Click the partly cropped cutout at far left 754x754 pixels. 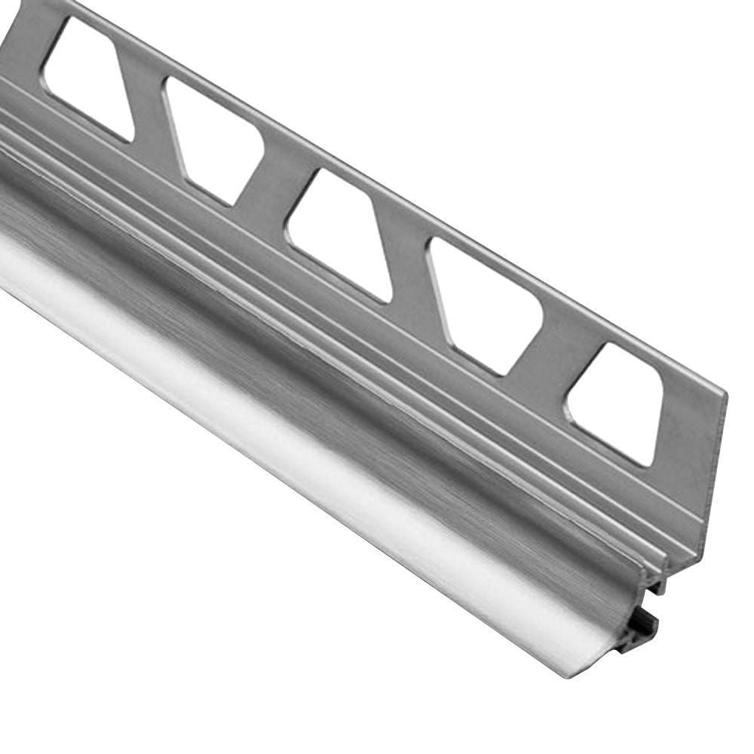(x=87, y=75)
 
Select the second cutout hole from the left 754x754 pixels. (x=213, y=139)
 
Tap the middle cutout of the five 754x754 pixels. (x=339, y=234)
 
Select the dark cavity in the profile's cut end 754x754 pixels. (x=641, y=626)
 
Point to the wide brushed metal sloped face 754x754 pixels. (x=339, y=362)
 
